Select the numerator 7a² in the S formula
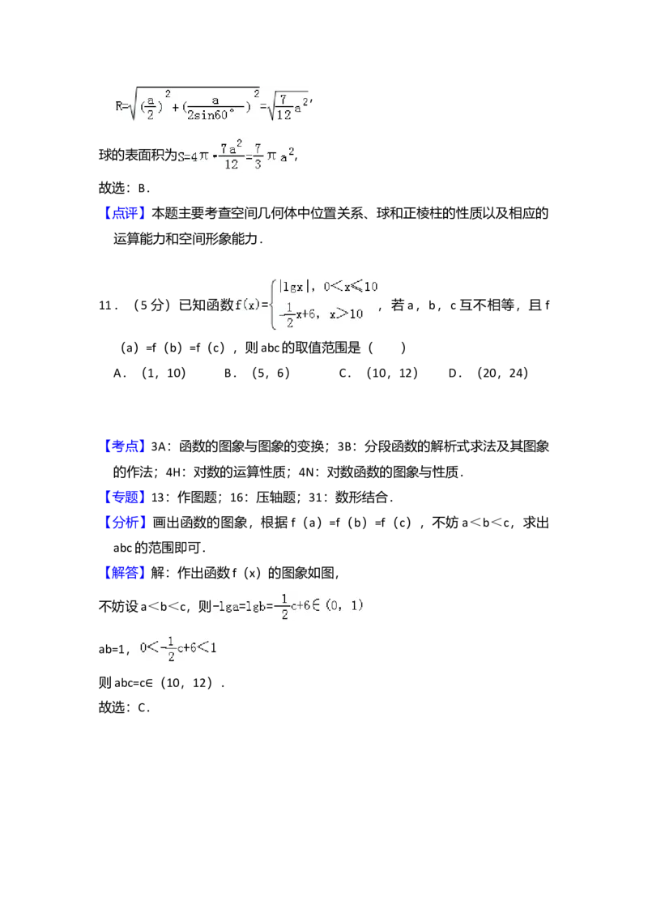coord(231,148)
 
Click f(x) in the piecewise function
coord(251,305)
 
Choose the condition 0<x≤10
coord(350,287)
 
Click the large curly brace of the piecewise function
coord(274,305)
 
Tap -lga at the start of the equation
coord(225,606)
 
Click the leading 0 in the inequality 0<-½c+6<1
coord(143,648)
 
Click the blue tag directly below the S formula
coord(126,212)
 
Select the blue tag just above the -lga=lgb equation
coord(126,573)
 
